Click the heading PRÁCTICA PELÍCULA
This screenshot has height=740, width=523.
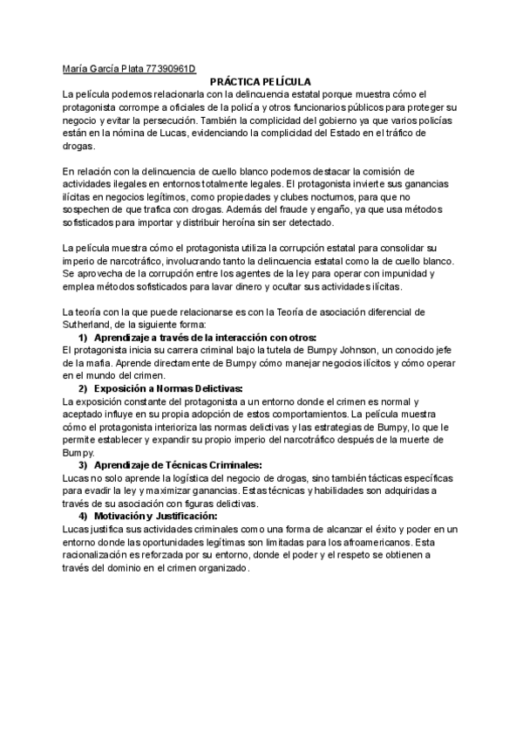pos(261,80)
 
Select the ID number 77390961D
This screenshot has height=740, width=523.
pos(169,67)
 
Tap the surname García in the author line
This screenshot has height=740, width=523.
pos(109,67)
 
